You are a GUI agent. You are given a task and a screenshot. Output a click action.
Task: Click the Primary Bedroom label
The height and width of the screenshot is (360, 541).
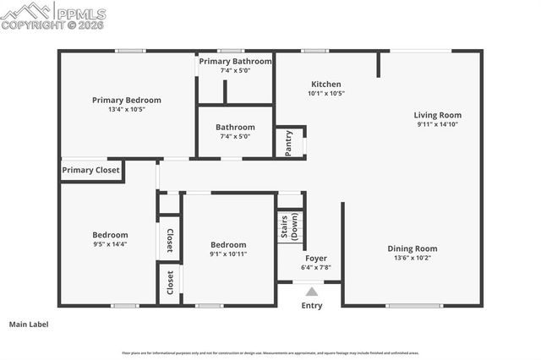tap(127, 100)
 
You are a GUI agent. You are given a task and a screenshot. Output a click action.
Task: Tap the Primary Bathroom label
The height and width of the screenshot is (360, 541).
tap(235, 62)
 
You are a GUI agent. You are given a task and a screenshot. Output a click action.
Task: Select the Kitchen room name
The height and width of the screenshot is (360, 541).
tap(326, 85)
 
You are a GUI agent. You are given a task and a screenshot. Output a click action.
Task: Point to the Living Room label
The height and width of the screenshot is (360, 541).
tap(438, 115)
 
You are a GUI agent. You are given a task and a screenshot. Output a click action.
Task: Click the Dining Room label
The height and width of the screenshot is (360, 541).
tap(413, 248)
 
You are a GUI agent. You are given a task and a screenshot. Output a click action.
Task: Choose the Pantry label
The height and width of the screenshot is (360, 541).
tap(289, 143)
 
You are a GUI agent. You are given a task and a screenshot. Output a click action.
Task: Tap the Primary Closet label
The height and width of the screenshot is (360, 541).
tap(90, 170)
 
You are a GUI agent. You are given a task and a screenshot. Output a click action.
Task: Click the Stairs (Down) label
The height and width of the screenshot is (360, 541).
tap(289, 227)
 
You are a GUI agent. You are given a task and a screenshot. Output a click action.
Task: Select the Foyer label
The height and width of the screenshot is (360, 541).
tap(316, 259)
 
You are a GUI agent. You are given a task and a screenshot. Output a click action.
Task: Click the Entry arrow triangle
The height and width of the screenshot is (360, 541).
tap(312, 292)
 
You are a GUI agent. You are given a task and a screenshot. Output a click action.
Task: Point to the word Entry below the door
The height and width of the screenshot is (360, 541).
tap(312, 306)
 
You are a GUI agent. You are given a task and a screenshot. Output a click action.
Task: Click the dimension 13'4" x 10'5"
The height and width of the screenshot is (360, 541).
tap(127, 110)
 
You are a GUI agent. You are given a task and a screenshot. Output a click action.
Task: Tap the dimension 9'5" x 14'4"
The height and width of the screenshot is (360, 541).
tap(110, 244)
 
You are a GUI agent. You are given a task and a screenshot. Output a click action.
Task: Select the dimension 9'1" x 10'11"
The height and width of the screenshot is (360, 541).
tap(229, 254)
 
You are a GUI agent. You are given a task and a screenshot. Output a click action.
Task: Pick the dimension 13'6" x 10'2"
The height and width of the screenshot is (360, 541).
tap(413, 258)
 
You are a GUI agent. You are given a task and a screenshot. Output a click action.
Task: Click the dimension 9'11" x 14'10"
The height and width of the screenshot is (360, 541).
tap(438, 124)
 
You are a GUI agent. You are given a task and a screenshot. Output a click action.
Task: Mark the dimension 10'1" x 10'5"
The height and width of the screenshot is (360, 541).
tap(326, 94)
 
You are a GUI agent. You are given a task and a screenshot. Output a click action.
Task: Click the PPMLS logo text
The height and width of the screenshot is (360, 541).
tap(79, 13)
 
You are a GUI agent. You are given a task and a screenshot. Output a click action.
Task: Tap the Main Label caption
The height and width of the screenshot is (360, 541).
tap(29, 324)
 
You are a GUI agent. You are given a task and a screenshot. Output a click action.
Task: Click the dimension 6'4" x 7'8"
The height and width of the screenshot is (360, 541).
tap(316, 268)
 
